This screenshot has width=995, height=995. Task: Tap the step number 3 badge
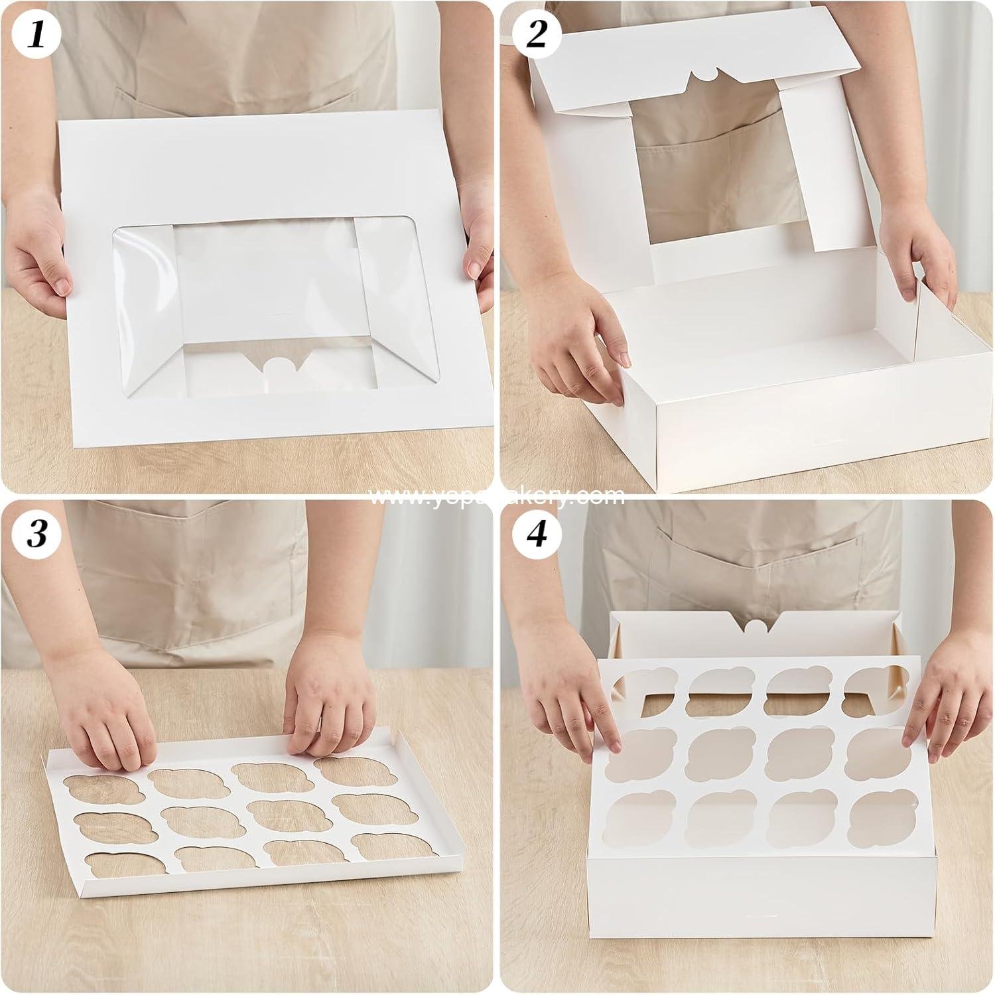click(x=36, y=535)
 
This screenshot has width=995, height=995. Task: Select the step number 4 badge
click(x=536, y=535)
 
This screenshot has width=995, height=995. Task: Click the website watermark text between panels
click(x=497, y=496)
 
